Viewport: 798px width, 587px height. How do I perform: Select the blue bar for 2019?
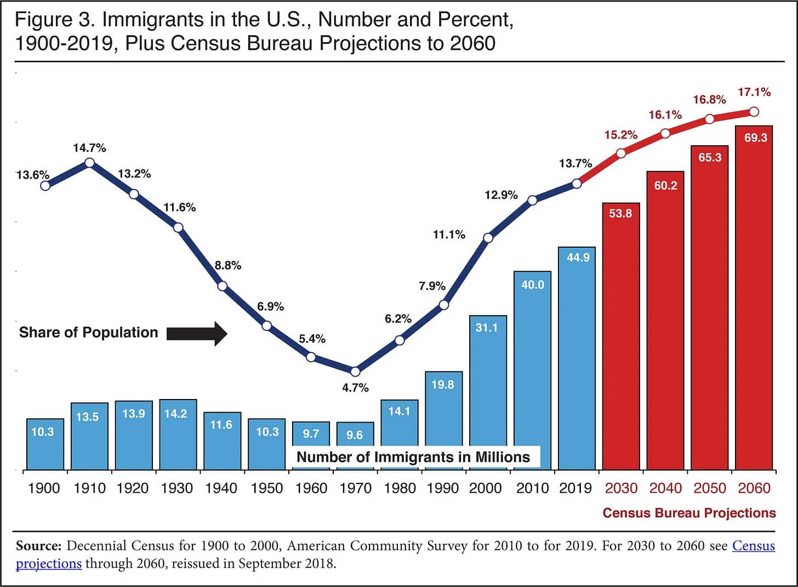577,358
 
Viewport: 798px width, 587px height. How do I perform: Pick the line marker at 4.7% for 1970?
355,372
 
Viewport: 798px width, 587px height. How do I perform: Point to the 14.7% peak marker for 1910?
89,163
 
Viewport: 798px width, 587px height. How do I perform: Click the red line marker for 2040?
665,133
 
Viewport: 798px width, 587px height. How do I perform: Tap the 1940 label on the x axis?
221,488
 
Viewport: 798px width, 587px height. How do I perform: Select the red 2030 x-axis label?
621,488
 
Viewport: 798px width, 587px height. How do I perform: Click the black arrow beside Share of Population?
197,333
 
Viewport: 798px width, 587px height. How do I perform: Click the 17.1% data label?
754,92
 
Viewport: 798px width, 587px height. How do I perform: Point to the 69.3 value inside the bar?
755,138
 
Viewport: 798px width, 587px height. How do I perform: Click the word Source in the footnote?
38,546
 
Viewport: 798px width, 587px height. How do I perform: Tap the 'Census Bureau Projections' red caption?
689,513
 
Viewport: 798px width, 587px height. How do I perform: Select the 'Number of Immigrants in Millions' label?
413,457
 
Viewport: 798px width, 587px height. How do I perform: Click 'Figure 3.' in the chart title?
55,20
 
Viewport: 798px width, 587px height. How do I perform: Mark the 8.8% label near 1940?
228,265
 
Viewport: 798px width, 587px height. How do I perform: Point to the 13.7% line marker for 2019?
577,184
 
